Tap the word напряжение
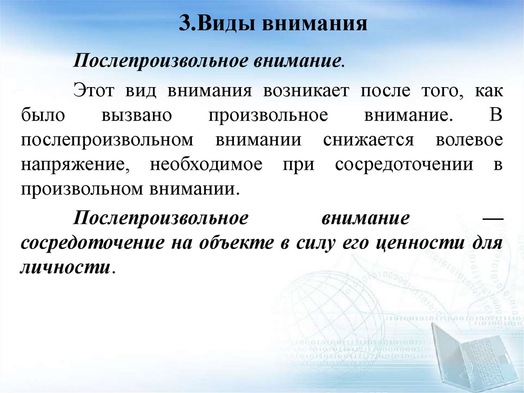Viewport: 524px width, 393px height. click(x=78, y=164)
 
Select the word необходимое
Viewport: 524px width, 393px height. click(x=206, y=164)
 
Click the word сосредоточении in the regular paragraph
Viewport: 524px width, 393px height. click(x=404, y=164)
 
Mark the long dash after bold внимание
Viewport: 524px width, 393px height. click(x=493, y=218)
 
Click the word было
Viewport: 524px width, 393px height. click(x=43, y=115)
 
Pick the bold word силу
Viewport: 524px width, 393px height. click(x=314, y=243)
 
